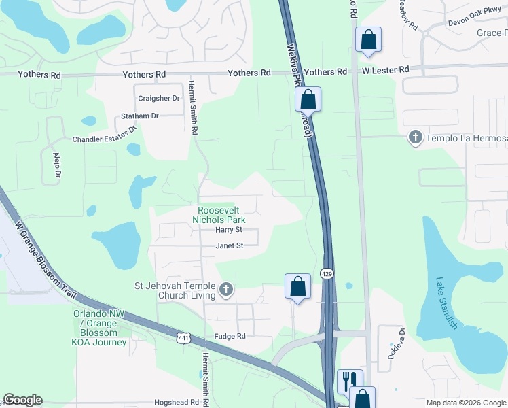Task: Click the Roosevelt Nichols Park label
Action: coord(221,216)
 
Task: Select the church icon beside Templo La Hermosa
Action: coord(415,138)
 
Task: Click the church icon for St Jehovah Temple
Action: coord(226,291)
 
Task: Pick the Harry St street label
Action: coord(229,231)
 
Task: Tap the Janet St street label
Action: coord(229,246)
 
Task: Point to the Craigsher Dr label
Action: coord(158,99)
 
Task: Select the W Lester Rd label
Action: coord(385,70)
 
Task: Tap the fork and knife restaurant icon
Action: coord(350,379)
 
